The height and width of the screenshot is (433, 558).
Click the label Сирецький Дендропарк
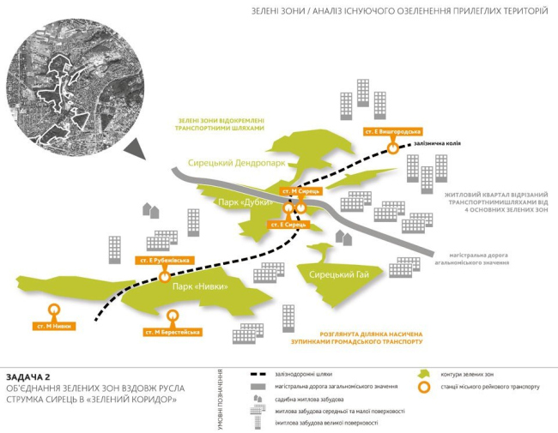[236, 162]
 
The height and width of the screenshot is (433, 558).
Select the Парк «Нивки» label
[200, 286]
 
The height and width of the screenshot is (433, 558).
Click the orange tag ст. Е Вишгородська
[392, 132]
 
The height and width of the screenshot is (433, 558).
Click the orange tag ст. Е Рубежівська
[162, 260]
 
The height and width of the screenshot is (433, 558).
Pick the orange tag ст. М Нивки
[55, 326]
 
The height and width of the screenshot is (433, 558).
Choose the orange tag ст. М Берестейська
[173, 331]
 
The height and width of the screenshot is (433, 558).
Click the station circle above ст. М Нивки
[54, 310]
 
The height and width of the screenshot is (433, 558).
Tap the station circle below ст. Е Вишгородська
[392, 147]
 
